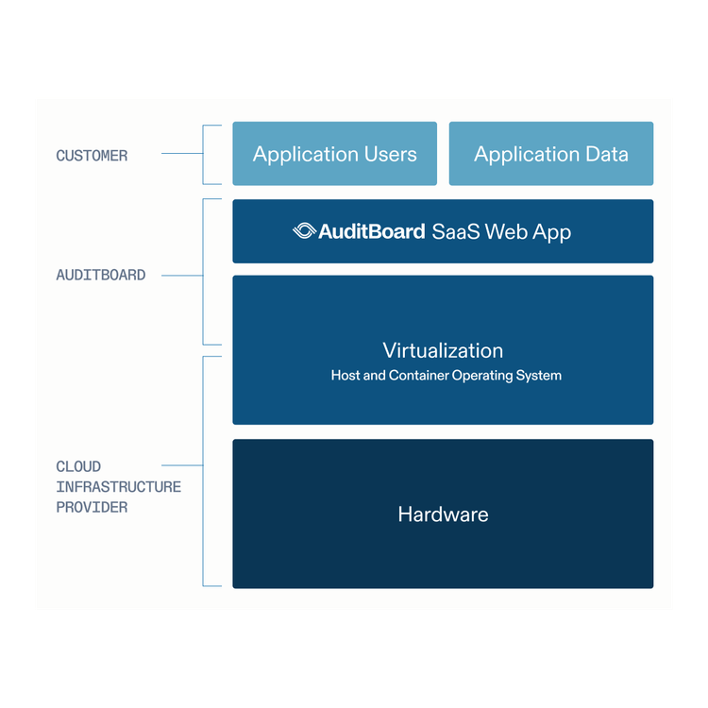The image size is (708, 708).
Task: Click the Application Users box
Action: pos(335,154)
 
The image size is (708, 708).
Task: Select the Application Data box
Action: pos(550,154)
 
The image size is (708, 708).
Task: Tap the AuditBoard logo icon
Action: pos(304,231)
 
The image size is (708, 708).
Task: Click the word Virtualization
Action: pos(443,350)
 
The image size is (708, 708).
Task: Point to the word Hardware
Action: pos(443,514)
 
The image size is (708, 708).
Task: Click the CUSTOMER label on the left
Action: pos(92,156)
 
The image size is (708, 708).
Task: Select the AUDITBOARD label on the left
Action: pos(101,276)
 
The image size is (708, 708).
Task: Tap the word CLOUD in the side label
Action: pos(78,466)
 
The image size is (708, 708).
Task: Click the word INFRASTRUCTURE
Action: pos(118,487)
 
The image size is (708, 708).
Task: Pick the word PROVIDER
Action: pos(92,508)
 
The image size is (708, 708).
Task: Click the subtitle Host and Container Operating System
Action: pos(446,376)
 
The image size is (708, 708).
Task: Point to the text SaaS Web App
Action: pos(501,231)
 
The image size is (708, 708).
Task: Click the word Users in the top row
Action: pos(387,154)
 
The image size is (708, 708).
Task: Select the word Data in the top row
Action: pos(606,154)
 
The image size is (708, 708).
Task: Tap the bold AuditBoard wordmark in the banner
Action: pos(372,231)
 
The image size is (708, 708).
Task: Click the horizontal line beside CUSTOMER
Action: pos(181,153)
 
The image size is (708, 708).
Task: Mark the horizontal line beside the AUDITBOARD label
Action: pos(182,276)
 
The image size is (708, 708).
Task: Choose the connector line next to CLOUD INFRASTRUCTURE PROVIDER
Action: pos(182,465)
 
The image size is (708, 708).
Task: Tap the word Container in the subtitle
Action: pos(419,376)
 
